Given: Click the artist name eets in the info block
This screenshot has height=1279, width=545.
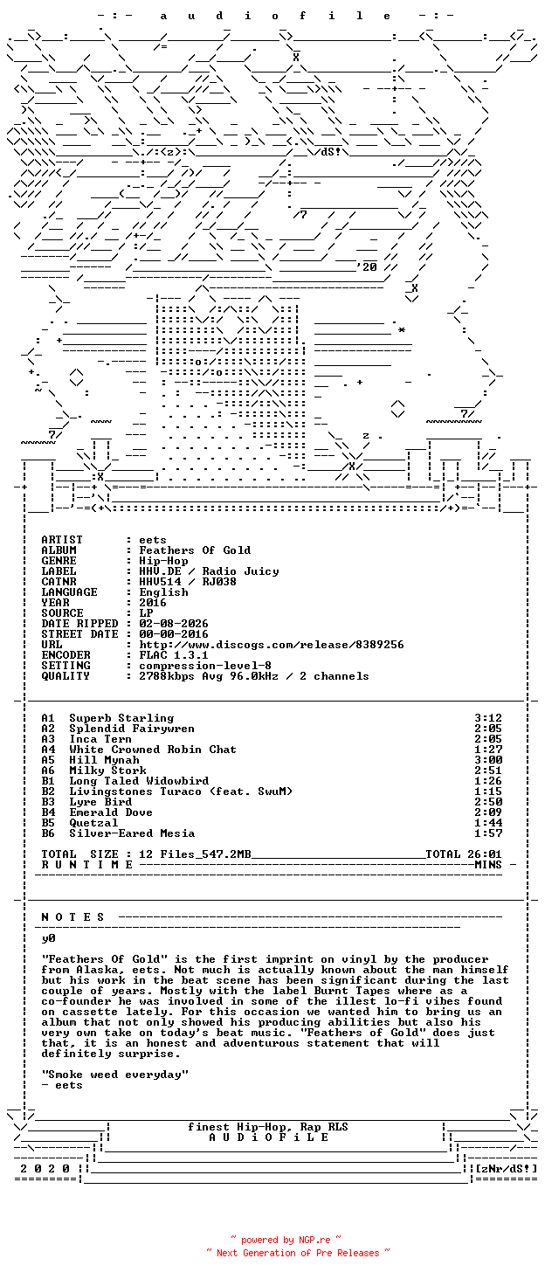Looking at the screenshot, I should [x=153, y=540].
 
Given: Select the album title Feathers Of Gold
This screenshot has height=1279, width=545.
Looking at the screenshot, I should [x=195, y=550].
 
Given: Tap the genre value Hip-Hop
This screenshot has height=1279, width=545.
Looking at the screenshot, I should [x=163, y=561].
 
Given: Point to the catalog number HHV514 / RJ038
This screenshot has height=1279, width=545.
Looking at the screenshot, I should [x=188, y=582].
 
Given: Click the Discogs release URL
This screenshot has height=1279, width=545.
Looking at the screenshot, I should [x=272, y=645].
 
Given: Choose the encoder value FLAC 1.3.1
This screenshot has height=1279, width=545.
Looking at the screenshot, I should [x=174, y=655].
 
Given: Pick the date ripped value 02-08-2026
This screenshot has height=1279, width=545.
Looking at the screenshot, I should [x=174, y=624].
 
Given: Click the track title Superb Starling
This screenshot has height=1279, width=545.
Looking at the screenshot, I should [x=121, y=718].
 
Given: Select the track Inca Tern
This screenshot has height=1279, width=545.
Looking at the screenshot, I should [x=100, y=739].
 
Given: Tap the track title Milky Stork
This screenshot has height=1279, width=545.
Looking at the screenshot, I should [x=107, y=771].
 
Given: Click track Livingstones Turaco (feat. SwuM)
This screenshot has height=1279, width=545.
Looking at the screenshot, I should [x=181, y=792].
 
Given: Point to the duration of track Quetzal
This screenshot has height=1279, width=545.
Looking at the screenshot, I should [x=488, y=823].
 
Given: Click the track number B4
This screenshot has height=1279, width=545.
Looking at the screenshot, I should [x=48, y=812].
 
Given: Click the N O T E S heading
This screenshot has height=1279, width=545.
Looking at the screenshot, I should [x=73, y=917].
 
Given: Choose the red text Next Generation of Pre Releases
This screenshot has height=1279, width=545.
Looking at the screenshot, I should [x=298, y=1253].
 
